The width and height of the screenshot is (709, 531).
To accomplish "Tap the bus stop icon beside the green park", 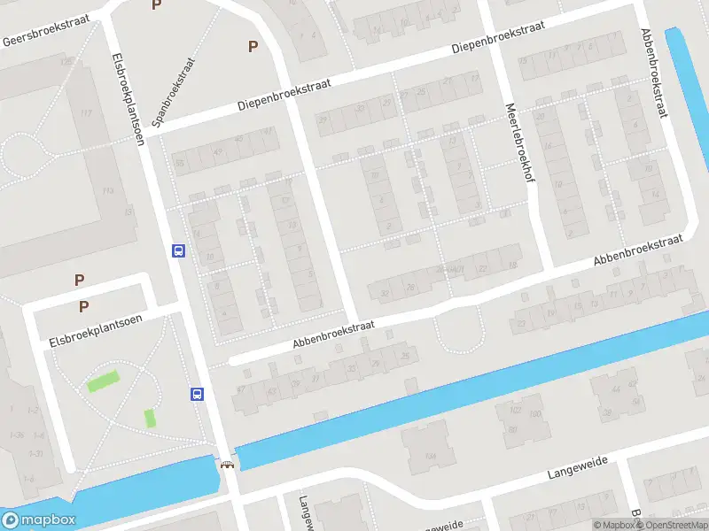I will point(197,395).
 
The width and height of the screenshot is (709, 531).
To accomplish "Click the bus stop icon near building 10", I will point(178,250).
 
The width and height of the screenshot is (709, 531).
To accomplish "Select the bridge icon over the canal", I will point(228,465).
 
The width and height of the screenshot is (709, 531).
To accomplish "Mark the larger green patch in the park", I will point(103,383).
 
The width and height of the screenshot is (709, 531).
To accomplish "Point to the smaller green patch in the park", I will point(150,418).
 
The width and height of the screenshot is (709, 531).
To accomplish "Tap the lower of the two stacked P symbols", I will point(84,307).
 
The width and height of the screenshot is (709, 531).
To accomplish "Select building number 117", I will point(86,113).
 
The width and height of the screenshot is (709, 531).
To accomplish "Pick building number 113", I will point(107,190).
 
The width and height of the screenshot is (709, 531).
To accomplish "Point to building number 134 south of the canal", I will point(431,455).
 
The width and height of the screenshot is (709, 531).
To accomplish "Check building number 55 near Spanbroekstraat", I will point(180,163).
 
